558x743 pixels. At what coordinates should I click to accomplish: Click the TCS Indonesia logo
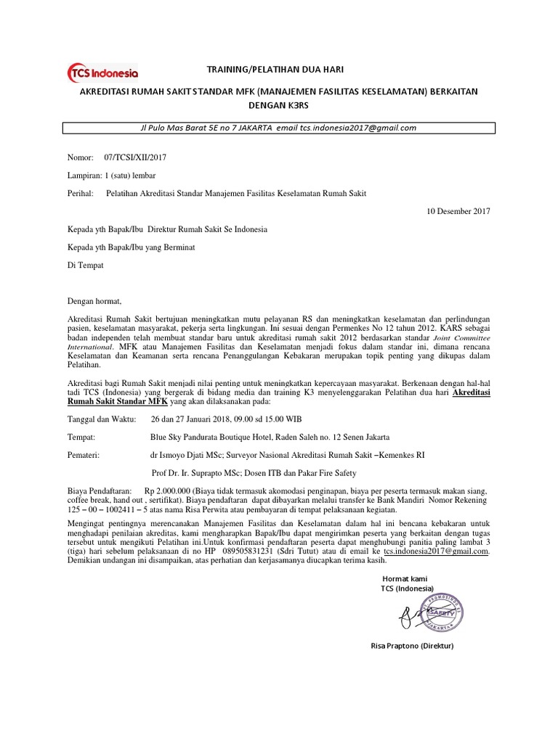tap(102, 73)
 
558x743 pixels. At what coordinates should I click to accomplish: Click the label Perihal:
tap(81, 194)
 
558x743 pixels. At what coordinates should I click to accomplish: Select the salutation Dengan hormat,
tap(95, 300)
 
